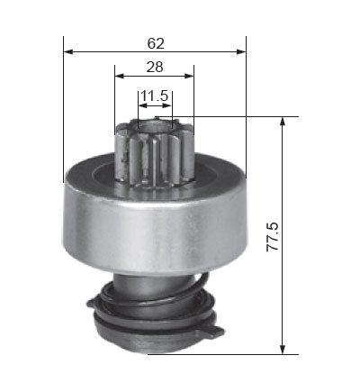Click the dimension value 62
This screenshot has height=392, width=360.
pyautogui.click(x=156, y=43)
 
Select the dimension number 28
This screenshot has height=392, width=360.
pyautogui.click(x=155, y=67)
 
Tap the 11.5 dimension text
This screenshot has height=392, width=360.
pyautogui.click(x=154, y=96)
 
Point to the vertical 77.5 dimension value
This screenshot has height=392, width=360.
pyautogui.click(x=273, y=237)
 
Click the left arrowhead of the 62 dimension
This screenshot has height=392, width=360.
pyautogui.click(x=68, y=52)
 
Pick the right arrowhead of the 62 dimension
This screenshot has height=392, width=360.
pyautogui.click(x=241, y=52)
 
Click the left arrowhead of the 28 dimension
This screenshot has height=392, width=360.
pyautogui.click(x=120, y=76)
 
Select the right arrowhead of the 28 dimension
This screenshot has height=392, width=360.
pyautogui.click(x=189, y=76)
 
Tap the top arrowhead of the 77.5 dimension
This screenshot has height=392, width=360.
pyautogui.click(x=282, y=122)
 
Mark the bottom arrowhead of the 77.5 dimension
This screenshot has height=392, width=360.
pyautogui.click(x=282, y=349)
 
